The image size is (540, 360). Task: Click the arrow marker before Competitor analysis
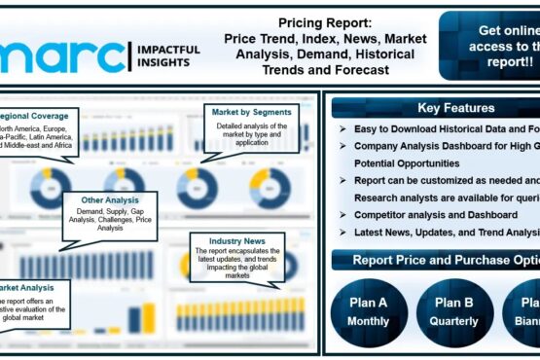343,214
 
